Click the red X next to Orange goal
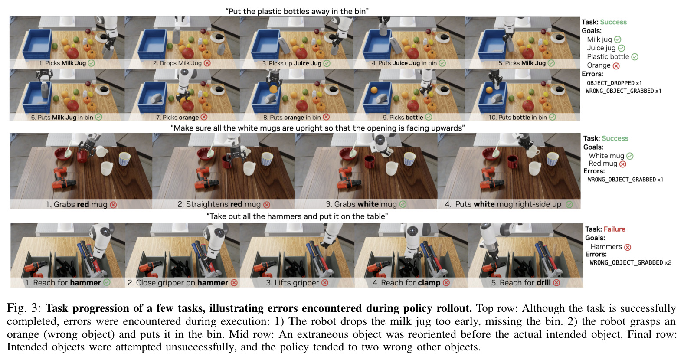click(x=616, y=65)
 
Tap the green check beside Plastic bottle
click(x=635, y=57)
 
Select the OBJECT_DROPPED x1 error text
click(x=614, y=83)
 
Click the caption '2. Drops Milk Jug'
click(x=177, y=63)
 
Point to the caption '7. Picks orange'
click(x=177, y=117)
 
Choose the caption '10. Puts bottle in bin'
click(x=518, y=117)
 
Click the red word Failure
click(x=614, y=229)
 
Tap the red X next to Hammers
click(x=628, y=247)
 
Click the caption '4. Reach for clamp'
click(x=406, y=283)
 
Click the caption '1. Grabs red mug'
click(x=77, y=204)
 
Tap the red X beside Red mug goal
click(x=622, y=164)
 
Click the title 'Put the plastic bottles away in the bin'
click(x=297, y=11)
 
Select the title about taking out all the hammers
click(x=297, y=216)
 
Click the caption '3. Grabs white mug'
click(x=361, y=204)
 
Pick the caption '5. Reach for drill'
click(x=521, y=283)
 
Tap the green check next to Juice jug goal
click(x=622, y=48)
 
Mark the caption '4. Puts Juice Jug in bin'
click(x=404, y=63)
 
